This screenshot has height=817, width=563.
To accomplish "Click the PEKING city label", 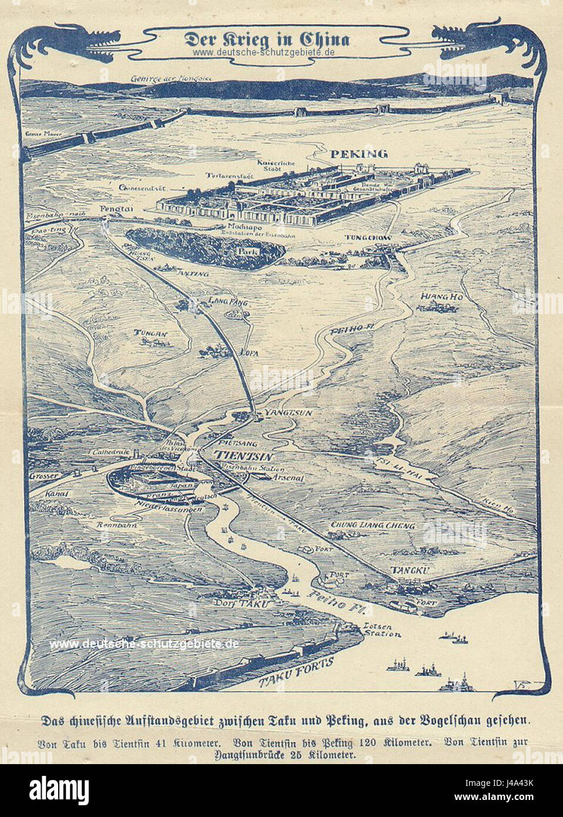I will point(358,154).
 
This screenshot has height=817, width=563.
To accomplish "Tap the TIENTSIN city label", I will point(237,455).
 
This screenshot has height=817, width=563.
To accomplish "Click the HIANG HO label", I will point(441,297).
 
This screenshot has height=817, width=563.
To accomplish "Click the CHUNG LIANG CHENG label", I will point(373,525).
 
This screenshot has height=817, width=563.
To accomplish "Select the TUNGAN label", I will point(152,334).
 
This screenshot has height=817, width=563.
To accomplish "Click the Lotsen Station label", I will point(382,630).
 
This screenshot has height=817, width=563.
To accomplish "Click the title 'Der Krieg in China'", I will point(267,40).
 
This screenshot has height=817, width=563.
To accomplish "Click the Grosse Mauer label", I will point(36,133).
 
